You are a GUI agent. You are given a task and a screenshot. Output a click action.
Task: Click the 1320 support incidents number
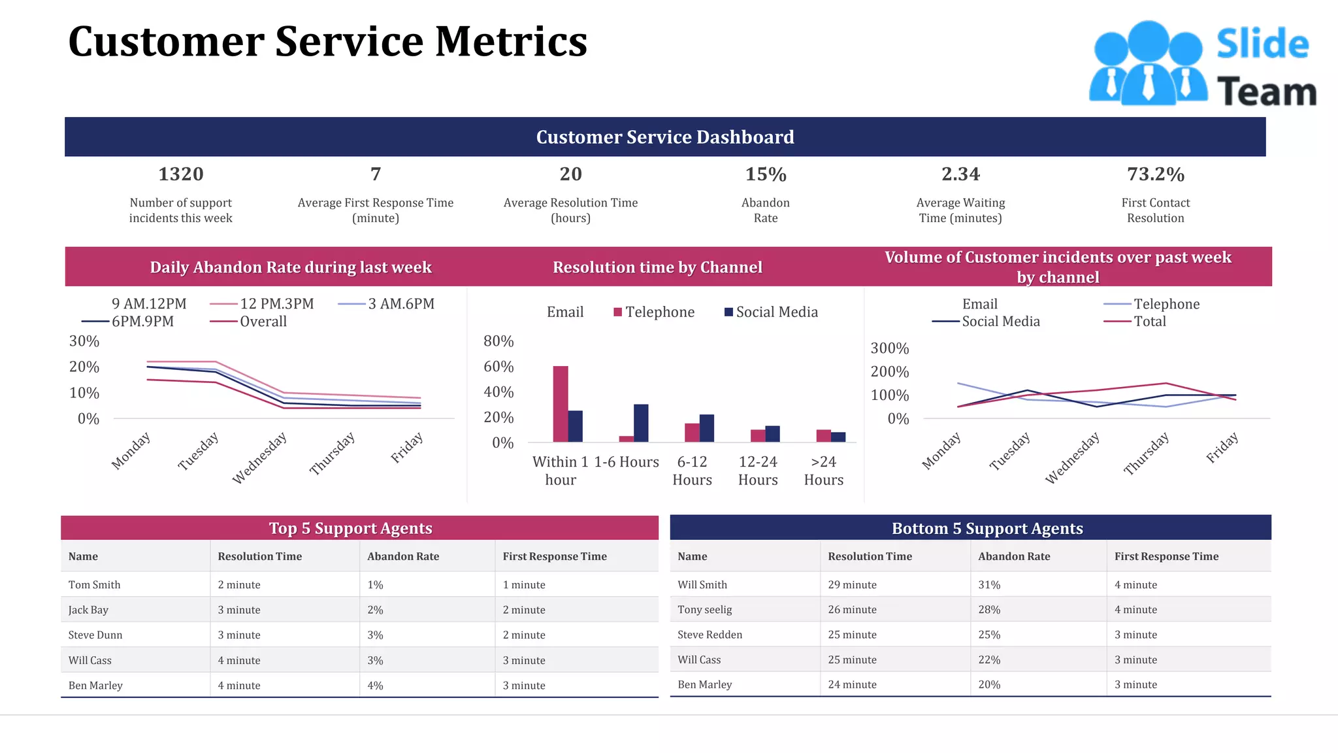(x=181, y=174)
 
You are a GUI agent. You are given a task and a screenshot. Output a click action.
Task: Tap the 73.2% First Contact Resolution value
(x=1155, y=174)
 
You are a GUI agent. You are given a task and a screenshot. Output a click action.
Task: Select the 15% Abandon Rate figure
(x=766, y=174)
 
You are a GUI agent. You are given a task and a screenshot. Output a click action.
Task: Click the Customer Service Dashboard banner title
(x=665, y=137)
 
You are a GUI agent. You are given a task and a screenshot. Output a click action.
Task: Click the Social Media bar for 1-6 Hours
(x=641, y=423)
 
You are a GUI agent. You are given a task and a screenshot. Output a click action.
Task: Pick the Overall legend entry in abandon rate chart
(x=263, y=321)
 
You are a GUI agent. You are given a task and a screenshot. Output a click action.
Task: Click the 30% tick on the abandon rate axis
(x=84, y=341)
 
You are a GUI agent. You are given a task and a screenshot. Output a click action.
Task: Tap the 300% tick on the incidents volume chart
(x=889, y=348)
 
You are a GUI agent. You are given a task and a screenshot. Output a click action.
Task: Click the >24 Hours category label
(x=823, y=471)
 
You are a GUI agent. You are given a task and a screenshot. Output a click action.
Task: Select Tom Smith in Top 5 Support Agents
(x=94, y=584)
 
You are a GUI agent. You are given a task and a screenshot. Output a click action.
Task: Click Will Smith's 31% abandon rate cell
(x=989, y=584)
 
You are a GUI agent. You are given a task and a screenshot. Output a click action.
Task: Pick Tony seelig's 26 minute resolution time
(x=852, y=609)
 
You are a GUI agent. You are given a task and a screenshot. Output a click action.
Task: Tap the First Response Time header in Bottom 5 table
(x=1166, y=556)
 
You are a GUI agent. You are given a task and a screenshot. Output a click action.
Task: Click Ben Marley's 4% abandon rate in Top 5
(x=375, y=685)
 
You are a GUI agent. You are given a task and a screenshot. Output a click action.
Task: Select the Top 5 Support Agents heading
(x=351, y=528)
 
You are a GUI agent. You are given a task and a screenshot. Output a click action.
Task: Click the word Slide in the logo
(x=1262, y=44)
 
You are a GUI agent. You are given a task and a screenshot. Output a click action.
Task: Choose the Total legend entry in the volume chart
(x=1149, y=321)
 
